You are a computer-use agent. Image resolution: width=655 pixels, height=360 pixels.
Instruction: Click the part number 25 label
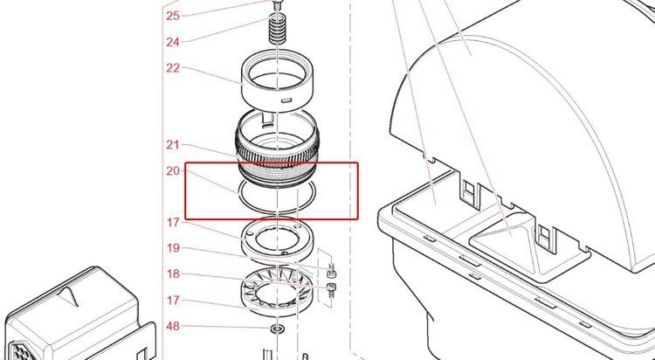(x=173, y=16)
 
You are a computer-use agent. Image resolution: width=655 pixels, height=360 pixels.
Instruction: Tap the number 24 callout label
(x=173, y=42)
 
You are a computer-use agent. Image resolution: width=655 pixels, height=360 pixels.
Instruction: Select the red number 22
(x=173, y=68)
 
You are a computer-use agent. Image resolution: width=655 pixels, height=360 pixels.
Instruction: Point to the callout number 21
(x=173, y=145)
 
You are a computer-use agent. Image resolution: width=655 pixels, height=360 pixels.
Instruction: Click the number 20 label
(x=173, y=170)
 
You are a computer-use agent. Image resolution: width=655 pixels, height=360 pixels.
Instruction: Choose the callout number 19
(x=173, y=248)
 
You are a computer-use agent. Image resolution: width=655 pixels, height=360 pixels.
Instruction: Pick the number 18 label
(x=173, y=273)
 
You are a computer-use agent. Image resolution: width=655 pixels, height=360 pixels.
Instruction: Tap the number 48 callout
(x=173, y=326)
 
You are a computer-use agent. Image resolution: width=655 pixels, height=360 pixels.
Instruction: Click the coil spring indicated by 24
(x=278, y=29)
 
